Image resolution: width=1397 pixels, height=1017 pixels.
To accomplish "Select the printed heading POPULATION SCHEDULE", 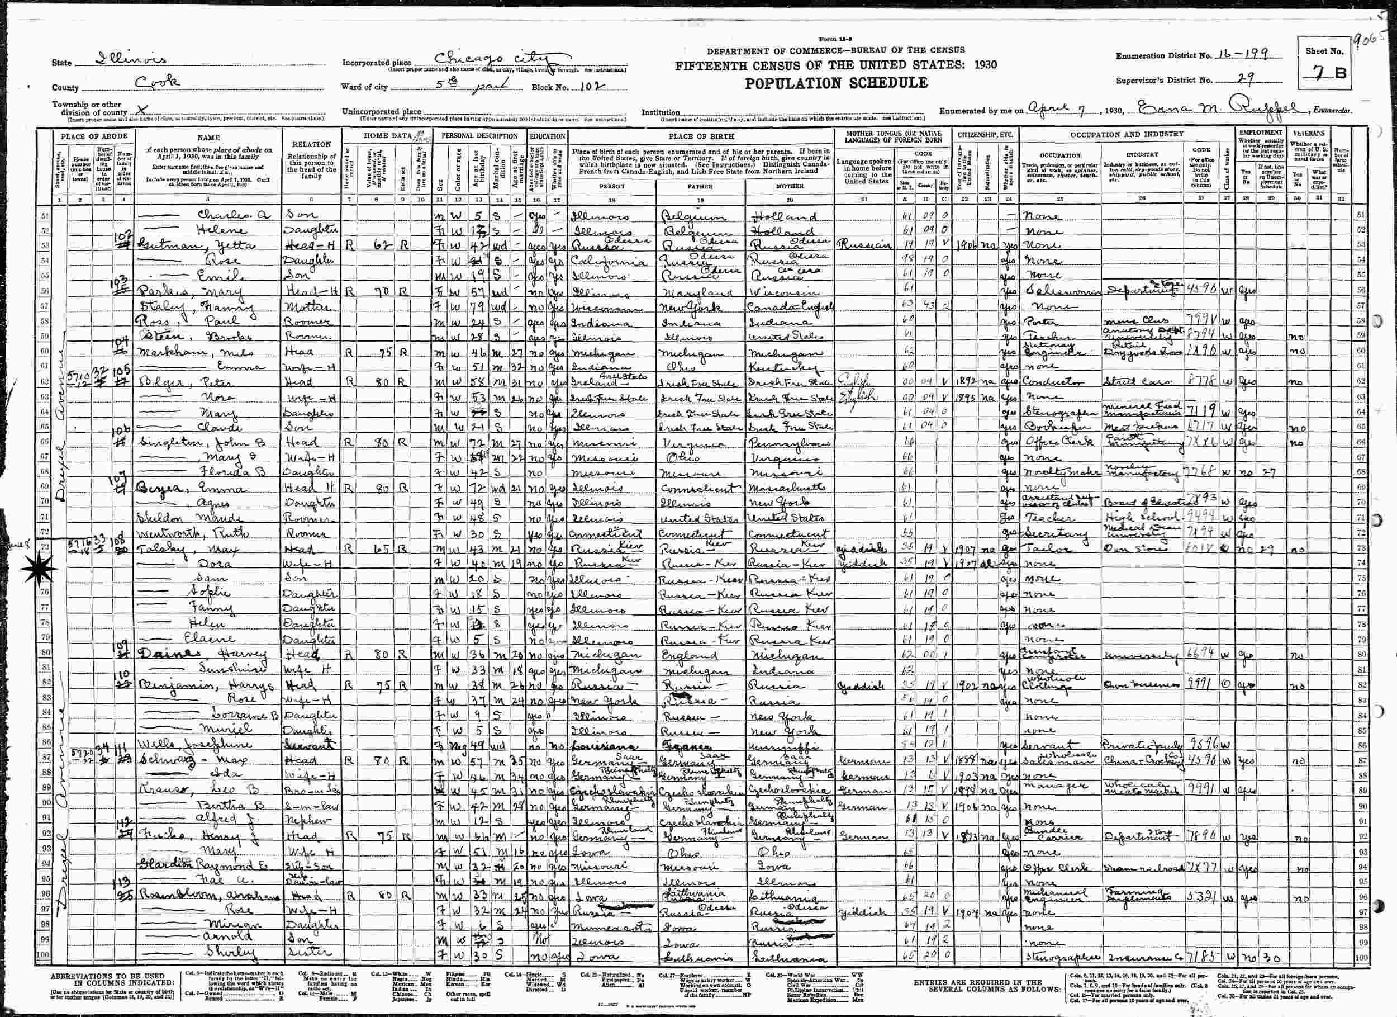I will click(x=836, y=84).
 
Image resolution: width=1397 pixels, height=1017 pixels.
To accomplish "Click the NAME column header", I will click(x=208, y=138).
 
